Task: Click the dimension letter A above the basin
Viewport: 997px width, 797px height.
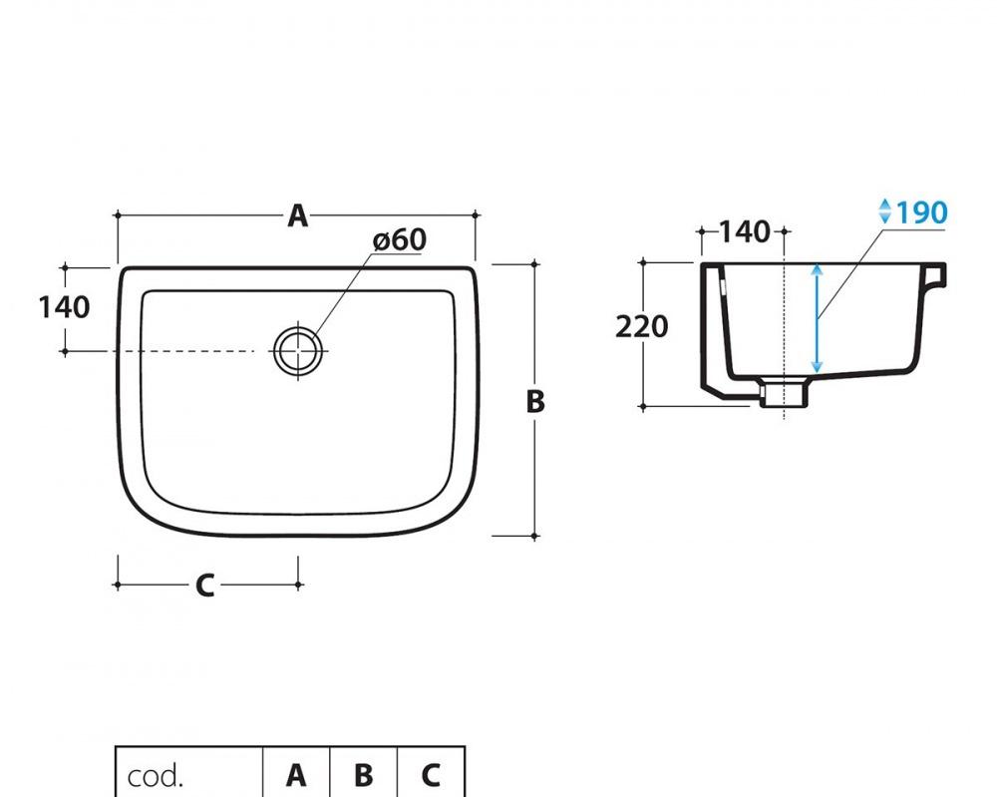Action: (297, 215)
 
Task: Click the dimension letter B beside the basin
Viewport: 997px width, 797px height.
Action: (535, 401)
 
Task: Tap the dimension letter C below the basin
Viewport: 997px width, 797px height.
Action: (204, 586)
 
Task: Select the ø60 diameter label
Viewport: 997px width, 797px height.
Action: (400, 239)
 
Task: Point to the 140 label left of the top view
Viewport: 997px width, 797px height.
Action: (64, 307)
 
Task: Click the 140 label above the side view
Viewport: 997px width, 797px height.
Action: (745, 231)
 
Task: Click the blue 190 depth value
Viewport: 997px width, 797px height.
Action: (921, 212)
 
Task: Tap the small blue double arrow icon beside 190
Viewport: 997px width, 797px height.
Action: (884, 211)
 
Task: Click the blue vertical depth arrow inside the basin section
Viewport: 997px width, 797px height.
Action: (817, 319)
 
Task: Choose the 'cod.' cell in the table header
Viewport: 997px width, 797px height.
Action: (157, 775)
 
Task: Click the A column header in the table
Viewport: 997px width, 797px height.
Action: (296, 775)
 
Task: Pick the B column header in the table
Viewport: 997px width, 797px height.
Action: (364, 775)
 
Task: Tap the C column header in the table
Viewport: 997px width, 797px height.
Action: (431, 775)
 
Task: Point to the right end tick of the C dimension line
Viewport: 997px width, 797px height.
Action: (299, 586)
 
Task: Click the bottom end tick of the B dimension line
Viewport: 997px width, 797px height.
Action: (535, 537)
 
